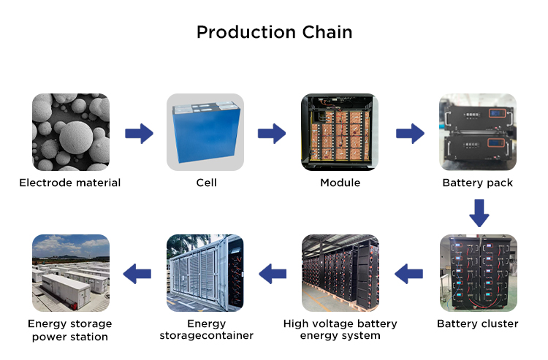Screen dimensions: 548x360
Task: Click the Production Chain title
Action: [274, 32]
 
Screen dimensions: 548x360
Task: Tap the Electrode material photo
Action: [71, 132]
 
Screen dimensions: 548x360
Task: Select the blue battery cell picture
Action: [205, 132]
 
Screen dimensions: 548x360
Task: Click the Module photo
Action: [340, 132]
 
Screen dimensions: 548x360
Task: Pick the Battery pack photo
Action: [478, 132]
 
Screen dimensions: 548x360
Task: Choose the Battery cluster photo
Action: [478, 273]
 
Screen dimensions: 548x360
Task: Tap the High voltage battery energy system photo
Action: [340, 273]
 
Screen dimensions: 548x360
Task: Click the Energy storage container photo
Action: [205, 273]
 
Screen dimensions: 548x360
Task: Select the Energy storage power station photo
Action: [71, 273]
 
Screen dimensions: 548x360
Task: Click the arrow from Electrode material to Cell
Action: [139, 133]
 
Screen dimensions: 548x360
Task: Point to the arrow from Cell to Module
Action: [272, 133]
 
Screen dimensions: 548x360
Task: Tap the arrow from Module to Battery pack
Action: [410, 133]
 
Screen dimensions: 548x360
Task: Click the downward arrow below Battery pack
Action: [479, 213]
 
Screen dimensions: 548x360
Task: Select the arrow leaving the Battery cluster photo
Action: [408, 274]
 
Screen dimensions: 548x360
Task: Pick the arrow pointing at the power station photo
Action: [137, 274]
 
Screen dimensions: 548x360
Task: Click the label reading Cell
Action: [206, 183]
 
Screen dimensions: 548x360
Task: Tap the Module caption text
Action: [340, 183]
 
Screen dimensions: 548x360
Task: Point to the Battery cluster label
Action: [477, 323]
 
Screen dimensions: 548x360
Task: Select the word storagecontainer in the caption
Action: [207, 336]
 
